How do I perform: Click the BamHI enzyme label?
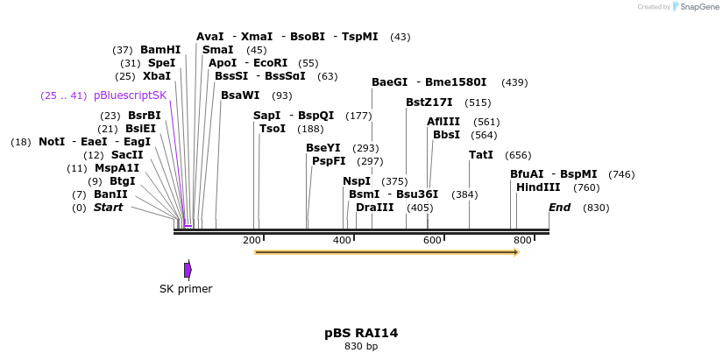click(160, 50)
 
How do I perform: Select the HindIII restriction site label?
click(538, 187)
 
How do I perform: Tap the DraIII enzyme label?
click(375, 208)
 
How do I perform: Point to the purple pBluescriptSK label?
click(130, 95)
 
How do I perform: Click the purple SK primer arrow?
click(188, 270)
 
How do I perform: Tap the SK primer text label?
click(186, 288)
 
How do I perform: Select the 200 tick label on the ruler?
click(252, 240)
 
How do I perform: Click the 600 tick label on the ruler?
click(432, 240)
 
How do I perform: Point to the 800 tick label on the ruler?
click(522, 240)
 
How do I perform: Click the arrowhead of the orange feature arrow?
click(516, 252)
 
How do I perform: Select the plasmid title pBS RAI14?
click(361, 333)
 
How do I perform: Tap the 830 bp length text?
click(361, 347)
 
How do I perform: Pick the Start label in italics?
click(108, 208)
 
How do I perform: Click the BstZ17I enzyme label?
click(429, 102)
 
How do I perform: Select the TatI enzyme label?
click(481, 155)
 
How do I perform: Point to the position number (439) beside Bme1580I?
click(514, 82)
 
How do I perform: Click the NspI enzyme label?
click(358, 181)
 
